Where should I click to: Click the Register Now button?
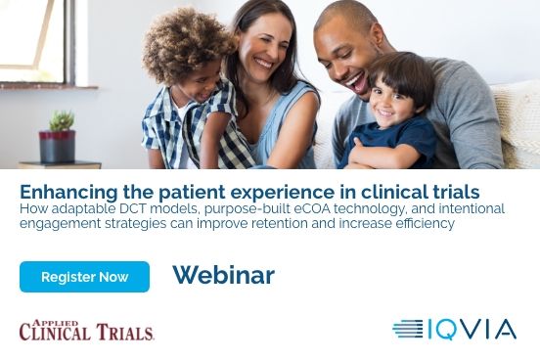click(84, 277)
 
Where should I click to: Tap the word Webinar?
click(223, 275)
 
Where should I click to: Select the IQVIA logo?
click(454, 330)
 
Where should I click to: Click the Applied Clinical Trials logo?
click(86, 330)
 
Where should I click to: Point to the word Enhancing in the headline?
click(63, 191)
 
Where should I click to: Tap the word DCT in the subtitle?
click(145, 208)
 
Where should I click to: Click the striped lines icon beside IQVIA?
click(408, 330)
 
